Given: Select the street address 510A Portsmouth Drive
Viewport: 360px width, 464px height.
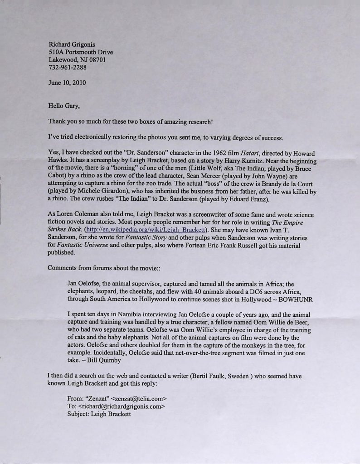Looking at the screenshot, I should pos(81,52).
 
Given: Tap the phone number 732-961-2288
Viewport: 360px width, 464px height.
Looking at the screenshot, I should pos(68,68).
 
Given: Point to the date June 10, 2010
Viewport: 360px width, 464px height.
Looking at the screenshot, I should pos(67,83).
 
